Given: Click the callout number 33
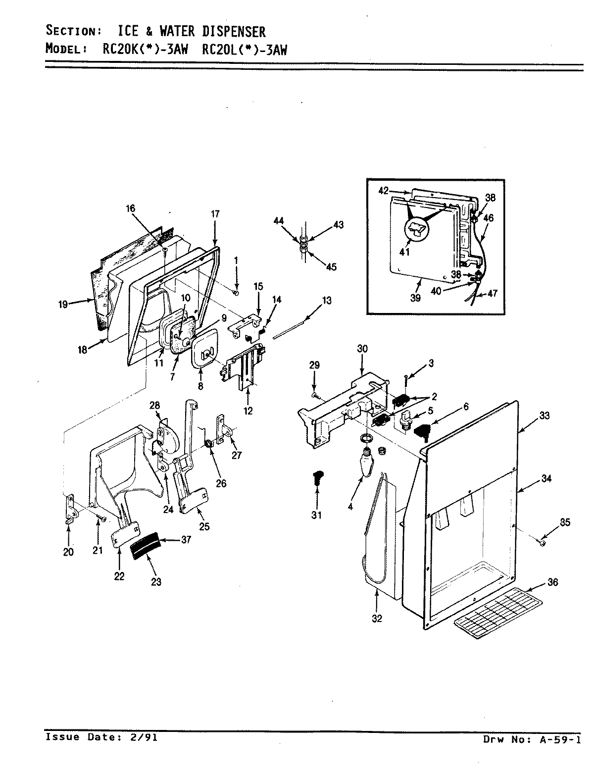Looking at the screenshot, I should (x=544, y=416).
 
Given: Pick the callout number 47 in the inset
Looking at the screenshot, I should (x=492, y=294).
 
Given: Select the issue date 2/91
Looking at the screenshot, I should (x=147, y=737).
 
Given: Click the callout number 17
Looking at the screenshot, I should (x=215, y=214).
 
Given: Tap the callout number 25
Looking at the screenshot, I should (x=204, y=527).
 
